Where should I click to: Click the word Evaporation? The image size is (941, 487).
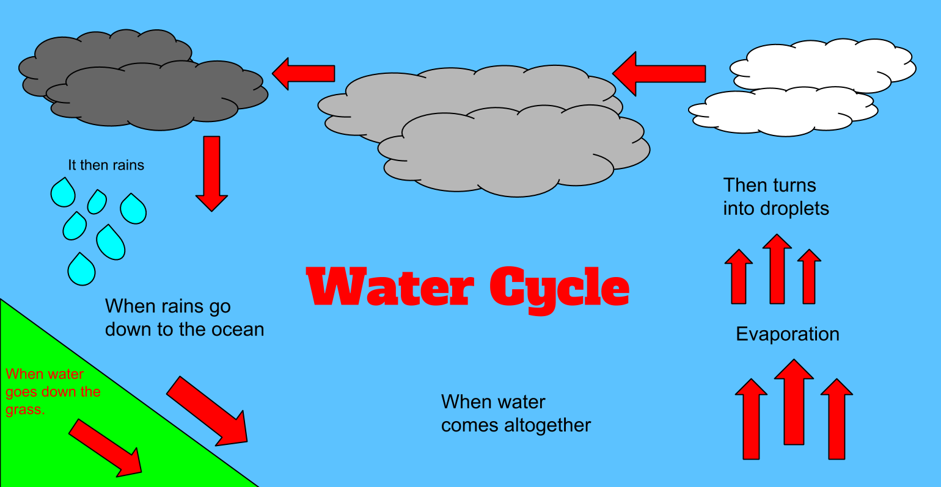coord(787,334)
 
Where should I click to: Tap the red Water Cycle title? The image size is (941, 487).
coord(467,287)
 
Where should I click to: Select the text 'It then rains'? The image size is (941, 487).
coord(106,165)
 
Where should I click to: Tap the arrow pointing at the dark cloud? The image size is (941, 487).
coord(303,73)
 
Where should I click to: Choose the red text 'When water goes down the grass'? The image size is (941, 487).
coord(53,392)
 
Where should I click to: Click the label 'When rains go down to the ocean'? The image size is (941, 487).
coord(184,318)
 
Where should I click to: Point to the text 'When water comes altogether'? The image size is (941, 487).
coord(515,414)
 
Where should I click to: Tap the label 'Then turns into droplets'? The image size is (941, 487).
coord(775,197)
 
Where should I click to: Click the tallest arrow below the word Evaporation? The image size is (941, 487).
coord(794,403)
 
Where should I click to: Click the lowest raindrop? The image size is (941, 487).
coord(81,270)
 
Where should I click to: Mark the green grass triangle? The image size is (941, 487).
coord(73,427)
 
